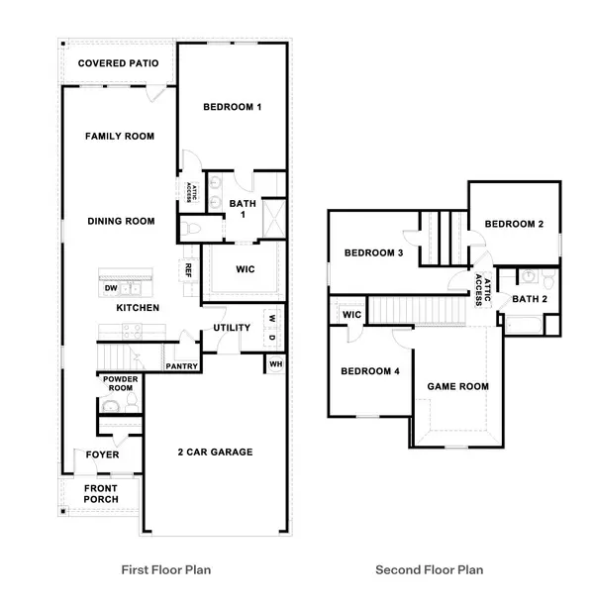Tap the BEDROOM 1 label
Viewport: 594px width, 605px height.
pos(232,108)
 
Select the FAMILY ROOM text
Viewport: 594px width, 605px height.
pos(119,136)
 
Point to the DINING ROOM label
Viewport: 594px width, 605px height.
pos(121,222)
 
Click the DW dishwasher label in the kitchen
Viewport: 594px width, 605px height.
pos(111,288)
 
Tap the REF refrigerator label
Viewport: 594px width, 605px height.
pos(187,268)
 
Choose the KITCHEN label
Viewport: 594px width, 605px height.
pos(138,308)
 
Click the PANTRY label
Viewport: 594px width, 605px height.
pos(183,366)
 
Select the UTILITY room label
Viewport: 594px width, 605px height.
pos(231,329)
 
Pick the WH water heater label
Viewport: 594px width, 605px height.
pos(274,365)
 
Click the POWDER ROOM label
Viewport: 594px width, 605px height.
pos(120,383)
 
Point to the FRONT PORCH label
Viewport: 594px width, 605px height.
pos(100,493)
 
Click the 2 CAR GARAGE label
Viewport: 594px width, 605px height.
pos(216,453)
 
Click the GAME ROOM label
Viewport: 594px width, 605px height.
pos(457,386)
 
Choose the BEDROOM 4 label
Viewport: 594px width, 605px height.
pos(369,372)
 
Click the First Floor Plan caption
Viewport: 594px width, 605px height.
pos(166,569)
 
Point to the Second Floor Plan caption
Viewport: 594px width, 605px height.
pos(429,569)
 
